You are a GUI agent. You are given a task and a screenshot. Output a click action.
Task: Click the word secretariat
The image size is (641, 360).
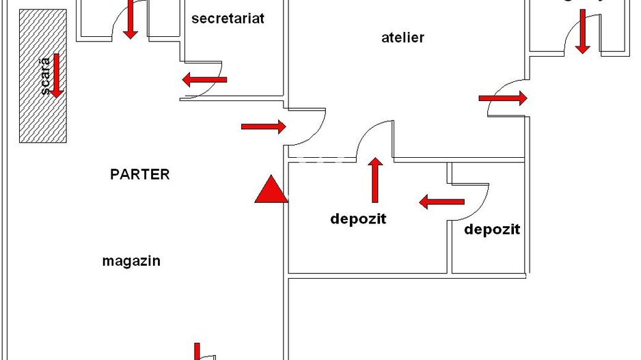[x=228, y=18]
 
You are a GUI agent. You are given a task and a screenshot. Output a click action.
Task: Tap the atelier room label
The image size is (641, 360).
[x=403, y=38]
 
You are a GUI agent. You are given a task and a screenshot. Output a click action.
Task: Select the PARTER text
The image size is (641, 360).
[x=139, y=174]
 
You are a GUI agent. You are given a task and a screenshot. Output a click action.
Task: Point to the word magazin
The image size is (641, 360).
[x=131, y=261]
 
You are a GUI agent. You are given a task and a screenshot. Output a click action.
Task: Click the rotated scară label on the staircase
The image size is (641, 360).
[x=45, y=77]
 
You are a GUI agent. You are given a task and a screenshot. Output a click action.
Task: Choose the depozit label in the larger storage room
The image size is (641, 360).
[x=358, y=219]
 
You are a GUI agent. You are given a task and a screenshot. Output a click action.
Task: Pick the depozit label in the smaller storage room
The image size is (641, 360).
[x=492, y=230]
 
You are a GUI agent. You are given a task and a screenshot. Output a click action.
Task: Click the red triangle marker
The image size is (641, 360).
[x=271, y=190]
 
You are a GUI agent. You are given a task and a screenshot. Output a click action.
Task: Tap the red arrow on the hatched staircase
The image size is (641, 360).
[x=57, y=75]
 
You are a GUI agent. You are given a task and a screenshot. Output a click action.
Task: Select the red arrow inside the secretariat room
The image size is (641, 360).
[x=204, y=80]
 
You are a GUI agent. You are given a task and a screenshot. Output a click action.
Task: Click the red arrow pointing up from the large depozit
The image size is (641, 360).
[x=374, y=180]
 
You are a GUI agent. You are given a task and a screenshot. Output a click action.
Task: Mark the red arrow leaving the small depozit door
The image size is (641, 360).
[x=441, y=202]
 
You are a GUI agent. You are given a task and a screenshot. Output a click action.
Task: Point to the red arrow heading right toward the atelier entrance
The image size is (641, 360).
[x=264, y=126]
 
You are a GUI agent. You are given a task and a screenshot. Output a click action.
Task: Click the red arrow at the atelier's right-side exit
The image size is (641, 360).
[x=503, y=98]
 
